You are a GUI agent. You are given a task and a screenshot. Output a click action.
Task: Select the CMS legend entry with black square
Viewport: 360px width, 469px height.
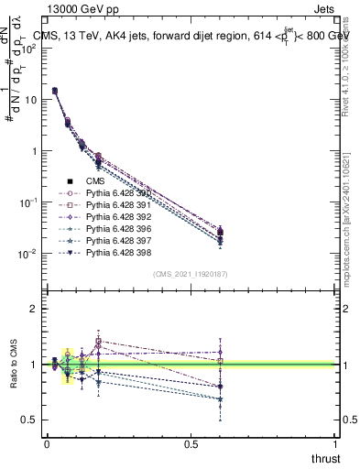pos(96,181)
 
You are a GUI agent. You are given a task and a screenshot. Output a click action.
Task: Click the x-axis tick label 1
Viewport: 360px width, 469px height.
pos(336,443)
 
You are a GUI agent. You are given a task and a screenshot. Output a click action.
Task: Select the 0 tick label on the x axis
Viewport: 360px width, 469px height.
pos(46,443)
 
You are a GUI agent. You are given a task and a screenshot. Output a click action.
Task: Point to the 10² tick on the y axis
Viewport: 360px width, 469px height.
pos(27,49)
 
